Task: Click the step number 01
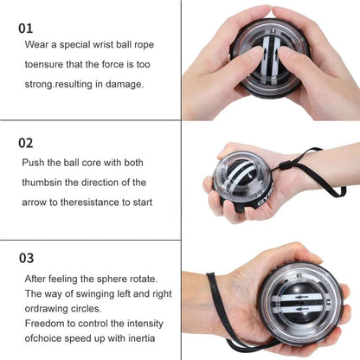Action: [27, 28]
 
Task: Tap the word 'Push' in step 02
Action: [35, 162]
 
